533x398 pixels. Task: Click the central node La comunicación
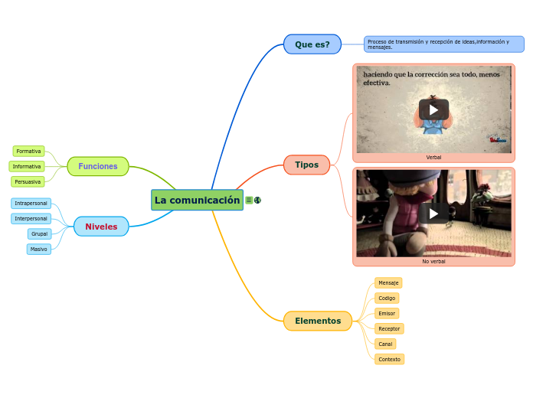click(197, 200)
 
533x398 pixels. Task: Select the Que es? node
click(312, 44)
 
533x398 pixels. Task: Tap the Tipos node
click(306, 165)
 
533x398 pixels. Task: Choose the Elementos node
click(317, 321)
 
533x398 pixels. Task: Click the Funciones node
click(98, 166)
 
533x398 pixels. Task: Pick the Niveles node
click(101, 227)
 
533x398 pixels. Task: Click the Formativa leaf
click(28, 152)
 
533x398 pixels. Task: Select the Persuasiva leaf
click(28, 181)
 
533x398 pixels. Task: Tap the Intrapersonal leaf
click(31, 204)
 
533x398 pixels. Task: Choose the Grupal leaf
click(39, 233)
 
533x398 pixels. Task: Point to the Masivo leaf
click(38, 249)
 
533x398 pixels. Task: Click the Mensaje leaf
click(388, 283)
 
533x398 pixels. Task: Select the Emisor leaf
click(387, 313)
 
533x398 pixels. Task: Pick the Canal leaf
click(385, 344)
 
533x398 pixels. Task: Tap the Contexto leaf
click(389, 359)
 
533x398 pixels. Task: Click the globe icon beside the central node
click(258, 201)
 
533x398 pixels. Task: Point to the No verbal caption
click(433, 261)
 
